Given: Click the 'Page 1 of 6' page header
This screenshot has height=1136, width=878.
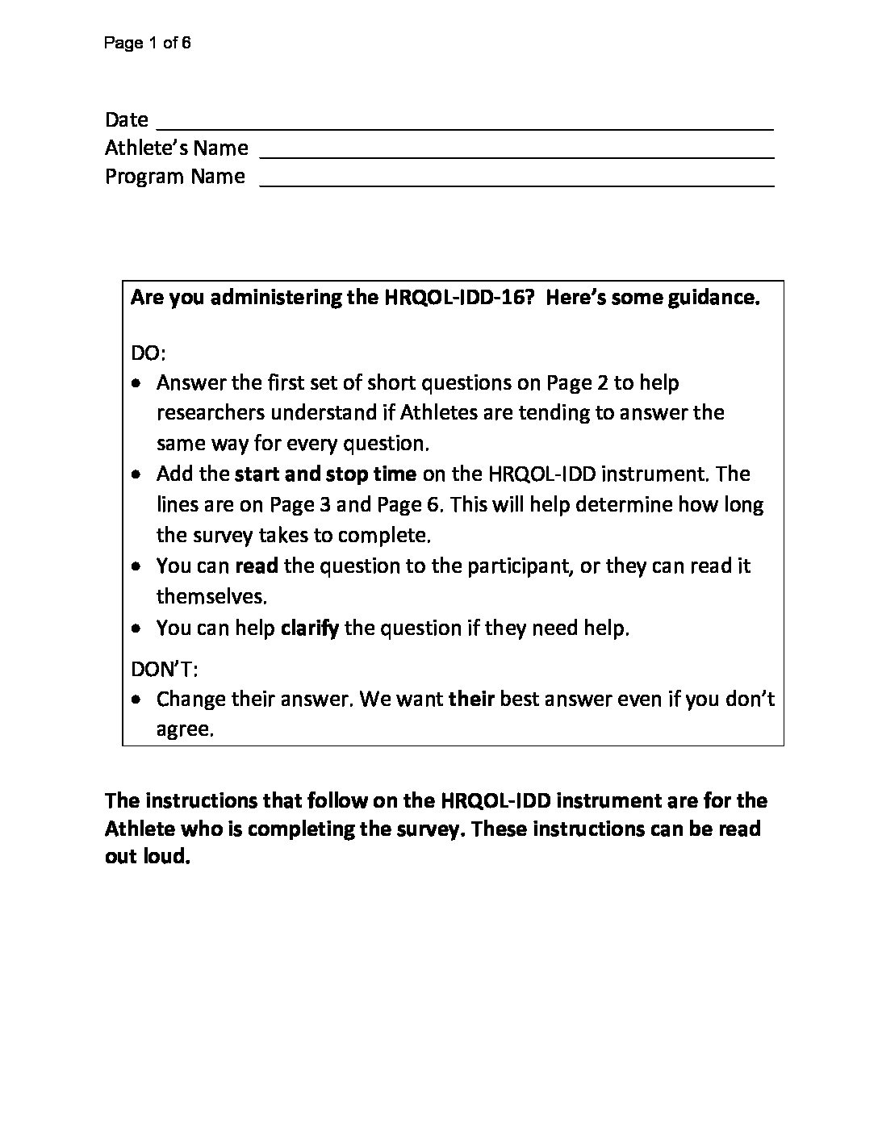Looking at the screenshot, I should point(147,44).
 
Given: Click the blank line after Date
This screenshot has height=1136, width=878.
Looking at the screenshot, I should point(464,127).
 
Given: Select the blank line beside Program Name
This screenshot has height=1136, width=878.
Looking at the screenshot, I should point(516,185).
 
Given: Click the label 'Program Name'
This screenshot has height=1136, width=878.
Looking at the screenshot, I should point(174,177).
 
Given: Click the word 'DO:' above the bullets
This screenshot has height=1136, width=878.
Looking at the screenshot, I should point(148,353).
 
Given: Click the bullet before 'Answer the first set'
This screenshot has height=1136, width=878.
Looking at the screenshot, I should point(139,383).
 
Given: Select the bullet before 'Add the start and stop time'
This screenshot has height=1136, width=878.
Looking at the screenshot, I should point(139,474).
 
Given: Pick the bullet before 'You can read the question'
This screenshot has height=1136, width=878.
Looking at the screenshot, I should point(139,566).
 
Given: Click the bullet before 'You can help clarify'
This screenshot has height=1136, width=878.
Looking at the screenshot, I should point(139,629).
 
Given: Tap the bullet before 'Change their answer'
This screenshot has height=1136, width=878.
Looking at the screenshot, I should point(139,699).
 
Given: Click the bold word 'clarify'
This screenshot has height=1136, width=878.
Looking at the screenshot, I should point(309,629).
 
